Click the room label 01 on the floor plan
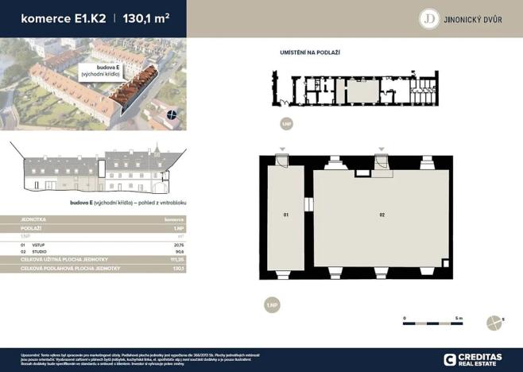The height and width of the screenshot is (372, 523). tap(285, 215)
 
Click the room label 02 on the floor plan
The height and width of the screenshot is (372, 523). tap(382, 215)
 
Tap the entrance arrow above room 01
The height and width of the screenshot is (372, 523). tap(282, 150)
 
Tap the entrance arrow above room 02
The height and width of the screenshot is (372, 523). tap(382, 150)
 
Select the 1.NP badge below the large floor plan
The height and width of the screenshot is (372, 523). tap(273, 306)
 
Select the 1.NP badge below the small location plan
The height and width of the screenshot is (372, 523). tap(287, 124)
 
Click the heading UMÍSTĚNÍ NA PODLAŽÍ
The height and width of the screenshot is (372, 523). tap(310, 52)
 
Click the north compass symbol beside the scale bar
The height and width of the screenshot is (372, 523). tap(492, 321)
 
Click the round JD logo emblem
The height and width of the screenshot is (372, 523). tap(430, 18)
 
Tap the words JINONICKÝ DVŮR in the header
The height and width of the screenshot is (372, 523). tap(475, 19)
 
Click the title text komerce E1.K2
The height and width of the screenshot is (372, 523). tap(54, 17)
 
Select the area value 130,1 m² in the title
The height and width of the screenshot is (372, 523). tap(146, 17)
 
